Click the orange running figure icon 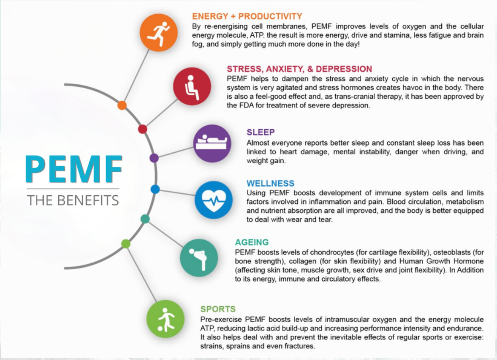[159, 33]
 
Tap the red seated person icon [192, 86]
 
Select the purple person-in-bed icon [212, 144]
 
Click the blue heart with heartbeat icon [214, 200]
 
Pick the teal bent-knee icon [199, 258]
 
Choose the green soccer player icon [166, 319]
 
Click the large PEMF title [74, 169]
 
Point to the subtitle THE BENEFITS [73, 200]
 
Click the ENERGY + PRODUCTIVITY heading [247, 16]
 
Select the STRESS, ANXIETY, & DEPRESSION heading [299, 69]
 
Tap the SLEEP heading [261, 132]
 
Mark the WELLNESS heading [271, 183]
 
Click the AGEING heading [252, 242]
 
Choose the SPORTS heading [218, 309]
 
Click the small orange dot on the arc [122, 105]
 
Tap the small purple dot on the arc [154, 158]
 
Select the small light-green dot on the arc [126, 244]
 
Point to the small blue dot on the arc [155, 189]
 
